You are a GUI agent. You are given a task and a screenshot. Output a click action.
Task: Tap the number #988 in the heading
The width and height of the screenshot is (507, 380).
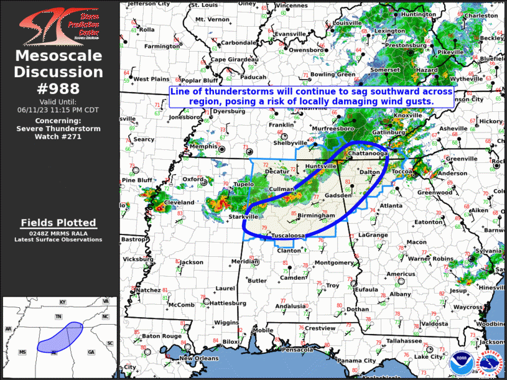[x=58, y=88]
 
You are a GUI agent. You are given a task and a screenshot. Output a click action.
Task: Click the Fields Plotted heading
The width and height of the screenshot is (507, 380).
[x=58, y=223]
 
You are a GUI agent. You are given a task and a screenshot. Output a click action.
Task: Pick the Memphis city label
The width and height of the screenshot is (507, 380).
[x=203, y=147]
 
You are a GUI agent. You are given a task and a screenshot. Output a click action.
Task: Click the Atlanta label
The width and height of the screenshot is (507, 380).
[x=391, y=205]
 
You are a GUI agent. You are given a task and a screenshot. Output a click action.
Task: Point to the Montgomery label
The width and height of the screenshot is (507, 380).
[x=334, y=262]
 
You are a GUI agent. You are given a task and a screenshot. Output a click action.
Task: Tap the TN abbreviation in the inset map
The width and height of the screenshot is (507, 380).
[x=58, y=317]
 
